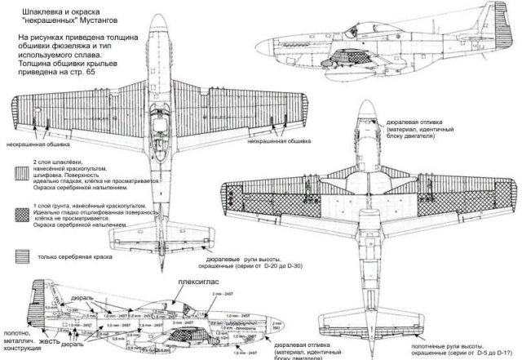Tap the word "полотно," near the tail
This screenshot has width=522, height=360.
pos(19,332)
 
